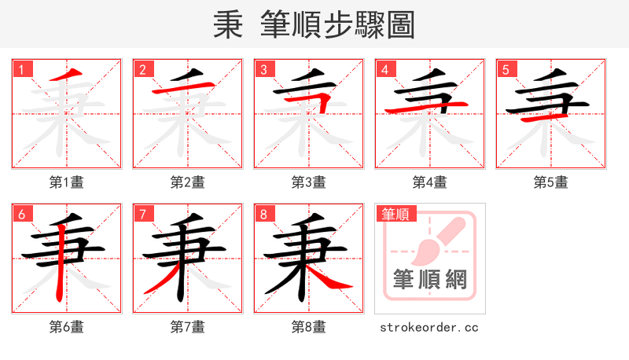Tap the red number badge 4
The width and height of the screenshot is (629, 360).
click(385, 70)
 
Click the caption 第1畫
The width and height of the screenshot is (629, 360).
click(67, 182)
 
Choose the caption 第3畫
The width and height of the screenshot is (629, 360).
click(309, 182)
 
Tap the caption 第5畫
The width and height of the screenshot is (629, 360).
click(551, 182)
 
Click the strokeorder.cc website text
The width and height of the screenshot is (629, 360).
click(429, 327)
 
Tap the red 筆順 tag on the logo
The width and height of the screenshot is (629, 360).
click(395, 214)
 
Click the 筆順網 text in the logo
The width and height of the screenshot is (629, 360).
click(429, 279)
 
